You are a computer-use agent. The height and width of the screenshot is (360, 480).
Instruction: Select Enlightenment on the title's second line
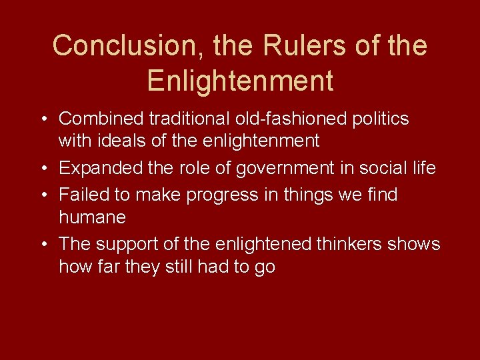click(240, 81)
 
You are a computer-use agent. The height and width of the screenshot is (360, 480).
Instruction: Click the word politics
click(379, 119)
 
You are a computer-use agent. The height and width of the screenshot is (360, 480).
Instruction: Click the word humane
click(93, 217)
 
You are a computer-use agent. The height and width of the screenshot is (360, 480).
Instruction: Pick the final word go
click(265, 267)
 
